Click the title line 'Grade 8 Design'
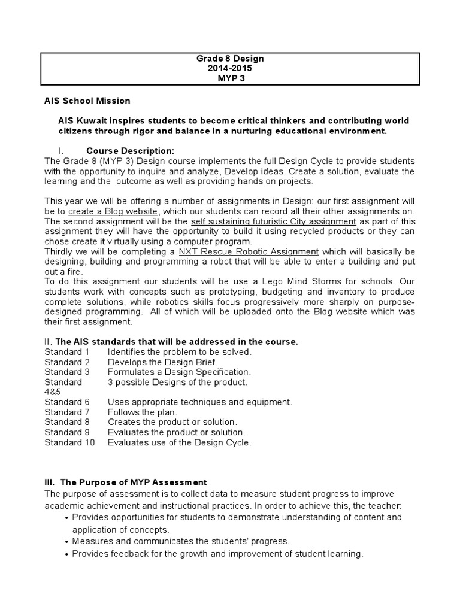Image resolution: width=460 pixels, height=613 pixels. [x=230, y=59]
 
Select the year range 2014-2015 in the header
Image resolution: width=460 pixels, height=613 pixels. [x=230, y=68]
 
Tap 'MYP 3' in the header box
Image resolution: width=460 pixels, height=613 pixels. [x=230, y=78]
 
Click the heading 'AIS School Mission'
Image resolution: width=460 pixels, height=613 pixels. [x=87, y=101]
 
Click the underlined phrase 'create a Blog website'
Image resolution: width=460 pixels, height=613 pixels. [x=113, y=212]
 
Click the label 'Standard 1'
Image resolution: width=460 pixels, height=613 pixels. [x=67, y=352]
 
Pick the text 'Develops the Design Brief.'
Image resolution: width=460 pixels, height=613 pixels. [x=163, y=362]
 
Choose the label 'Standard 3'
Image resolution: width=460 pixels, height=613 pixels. [x=67, y=372]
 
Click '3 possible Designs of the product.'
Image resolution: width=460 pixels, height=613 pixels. [x=177, y=382]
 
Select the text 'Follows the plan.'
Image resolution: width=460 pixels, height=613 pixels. [x=143, y=412]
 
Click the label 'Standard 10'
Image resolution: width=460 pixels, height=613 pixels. [x=69, y=442]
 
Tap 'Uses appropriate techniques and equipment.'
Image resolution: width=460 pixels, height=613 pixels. [x=200, y=402]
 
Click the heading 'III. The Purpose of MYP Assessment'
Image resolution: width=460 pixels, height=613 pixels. [x=126, y=482]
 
